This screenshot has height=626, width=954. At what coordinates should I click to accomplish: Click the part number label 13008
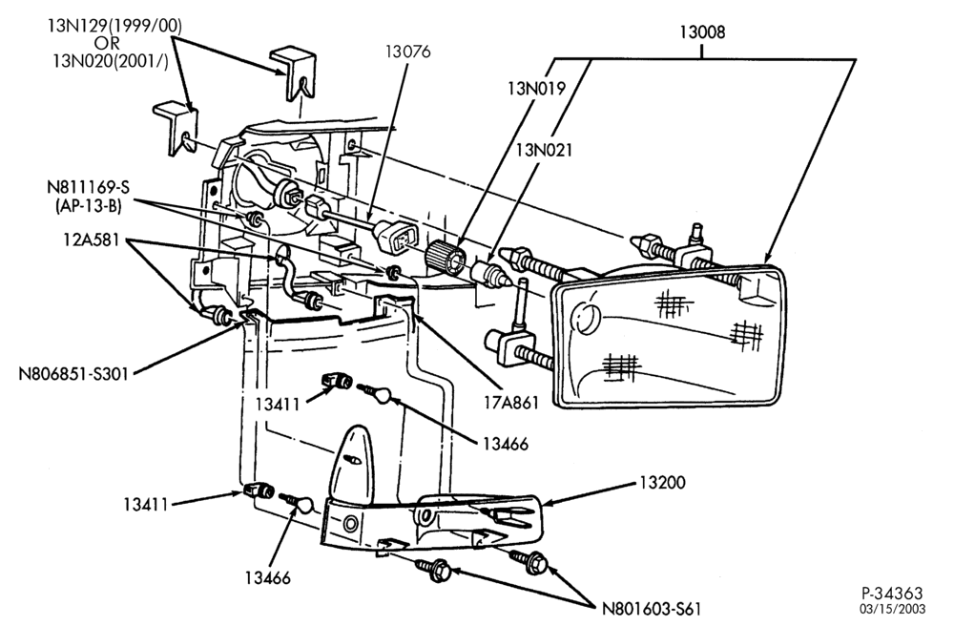(702, 32)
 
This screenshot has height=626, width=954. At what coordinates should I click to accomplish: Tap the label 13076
(407, 52)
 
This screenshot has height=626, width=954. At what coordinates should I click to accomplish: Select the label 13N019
(536, 89)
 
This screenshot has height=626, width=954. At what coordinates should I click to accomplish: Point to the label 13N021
(544, 150)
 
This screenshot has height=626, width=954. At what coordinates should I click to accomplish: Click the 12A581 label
(92, 240)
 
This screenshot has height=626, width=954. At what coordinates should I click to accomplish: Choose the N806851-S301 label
(73, 373)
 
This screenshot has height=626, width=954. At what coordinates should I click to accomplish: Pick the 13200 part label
(662, 483)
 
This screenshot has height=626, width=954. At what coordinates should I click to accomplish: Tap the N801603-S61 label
(652, 609)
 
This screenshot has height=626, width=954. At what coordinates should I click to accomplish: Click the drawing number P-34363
(892, 593)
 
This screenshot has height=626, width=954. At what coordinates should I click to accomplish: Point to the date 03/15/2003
(893, 609)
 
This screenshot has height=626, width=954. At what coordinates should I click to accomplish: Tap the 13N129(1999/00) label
(115, 26)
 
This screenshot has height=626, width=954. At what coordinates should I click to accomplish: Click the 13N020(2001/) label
(110, 61)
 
